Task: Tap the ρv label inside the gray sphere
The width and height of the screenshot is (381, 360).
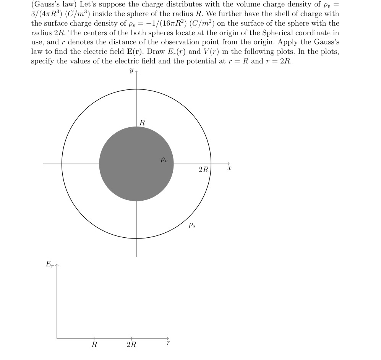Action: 164,160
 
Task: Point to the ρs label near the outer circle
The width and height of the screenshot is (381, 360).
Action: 192,225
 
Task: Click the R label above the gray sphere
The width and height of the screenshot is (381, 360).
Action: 142,123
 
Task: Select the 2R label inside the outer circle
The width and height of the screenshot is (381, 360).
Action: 203,170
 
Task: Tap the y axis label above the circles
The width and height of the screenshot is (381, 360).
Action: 131,70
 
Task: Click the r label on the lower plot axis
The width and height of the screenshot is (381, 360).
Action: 168,343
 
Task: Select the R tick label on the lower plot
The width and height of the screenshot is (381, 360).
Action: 94,345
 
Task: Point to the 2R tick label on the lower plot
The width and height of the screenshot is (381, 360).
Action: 131,345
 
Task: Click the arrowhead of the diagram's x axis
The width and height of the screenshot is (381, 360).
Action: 229,164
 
